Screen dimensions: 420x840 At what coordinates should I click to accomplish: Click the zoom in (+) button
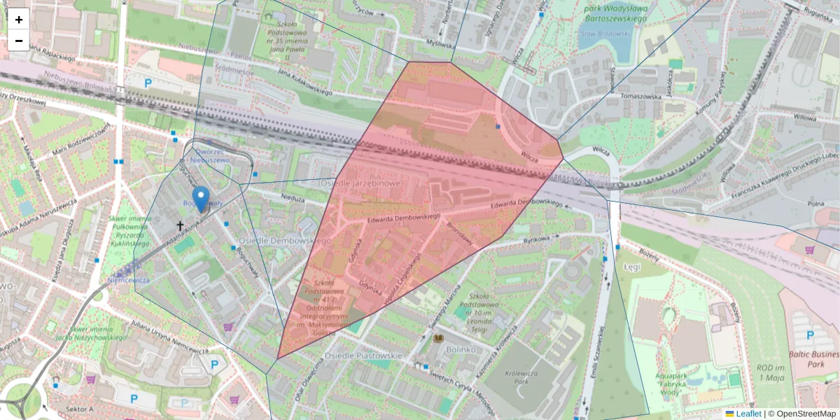coord(19,20)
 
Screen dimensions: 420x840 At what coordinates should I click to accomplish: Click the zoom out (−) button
coord(19,41)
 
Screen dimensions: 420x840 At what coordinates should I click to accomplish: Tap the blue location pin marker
coord(201,199)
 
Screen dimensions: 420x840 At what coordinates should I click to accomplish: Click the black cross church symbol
coord(180,226)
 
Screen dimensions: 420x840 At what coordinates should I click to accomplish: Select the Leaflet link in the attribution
coord(748,414)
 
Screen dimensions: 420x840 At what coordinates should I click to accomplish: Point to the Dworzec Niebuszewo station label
coord(213,155)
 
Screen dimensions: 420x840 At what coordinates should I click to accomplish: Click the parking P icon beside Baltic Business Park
coord(810,335)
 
